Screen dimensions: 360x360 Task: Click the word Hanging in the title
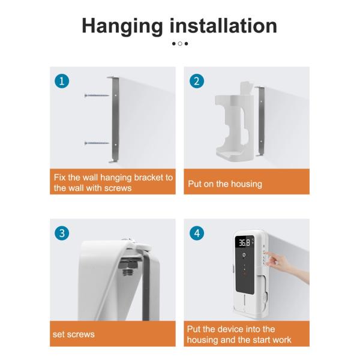tap(122, 27)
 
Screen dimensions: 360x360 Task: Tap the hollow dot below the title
tap(180, 43)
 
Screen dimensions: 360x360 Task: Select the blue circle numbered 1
tap(62, 81)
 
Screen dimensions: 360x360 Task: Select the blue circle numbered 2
tap(197, 81)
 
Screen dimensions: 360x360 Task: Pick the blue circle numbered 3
tap(62, 233)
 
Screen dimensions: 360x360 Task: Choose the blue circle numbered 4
tap(197, 233)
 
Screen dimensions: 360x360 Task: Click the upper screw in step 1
tap(97, 95)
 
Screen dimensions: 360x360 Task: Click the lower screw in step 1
tap(97, 143)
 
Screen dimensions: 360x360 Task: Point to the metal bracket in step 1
tap(115, 119)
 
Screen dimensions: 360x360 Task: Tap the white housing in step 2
tap(234, 122)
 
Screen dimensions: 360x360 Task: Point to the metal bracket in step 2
tap(261, 121)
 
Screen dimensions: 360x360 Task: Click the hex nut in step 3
tap(128, 265)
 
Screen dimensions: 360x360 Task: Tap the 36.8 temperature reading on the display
tap(244, 242)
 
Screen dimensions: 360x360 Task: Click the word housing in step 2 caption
tap(247, 184)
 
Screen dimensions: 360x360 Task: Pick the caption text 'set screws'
tap(74, 334)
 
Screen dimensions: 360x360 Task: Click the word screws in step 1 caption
tap(118, 188)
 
